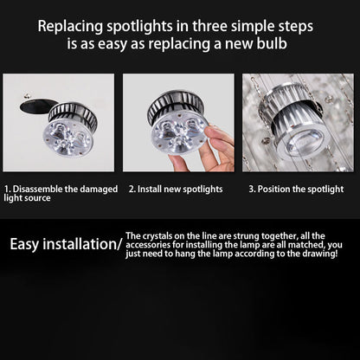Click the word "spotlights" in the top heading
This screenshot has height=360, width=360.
point(139,27)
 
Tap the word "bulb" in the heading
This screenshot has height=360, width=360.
point(272,43)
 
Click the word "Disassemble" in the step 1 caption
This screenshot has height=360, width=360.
point(37,190)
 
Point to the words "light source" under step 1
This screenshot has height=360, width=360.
point(27,198)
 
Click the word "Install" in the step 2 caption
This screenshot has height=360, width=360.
point(149,190)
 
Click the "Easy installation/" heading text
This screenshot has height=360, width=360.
point(67,244)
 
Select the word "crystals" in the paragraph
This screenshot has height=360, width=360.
point(157,236)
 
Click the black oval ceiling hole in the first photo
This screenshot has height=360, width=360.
point(36,106)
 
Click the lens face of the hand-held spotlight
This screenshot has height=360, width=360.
point(179,132)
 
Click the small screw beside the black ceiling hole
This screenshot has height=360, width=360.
point(27,96)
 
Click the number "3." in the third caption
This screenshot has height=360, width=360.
point(252,190)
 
